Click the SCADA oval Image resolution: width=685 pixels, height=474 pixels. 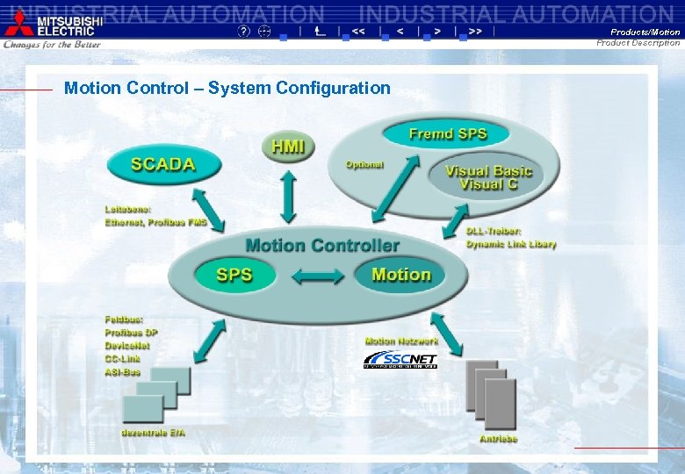click(162, 163)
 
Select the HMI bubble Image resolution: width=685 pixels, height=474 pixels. click(288, 147)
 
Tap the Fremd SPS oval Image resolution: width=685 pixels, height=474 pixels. click(447, 134)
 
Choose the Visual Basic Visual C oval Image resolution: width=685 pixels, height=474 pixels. click(481, 177)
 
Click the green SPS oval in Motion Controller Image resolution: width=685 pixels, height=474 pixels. click(234, 275)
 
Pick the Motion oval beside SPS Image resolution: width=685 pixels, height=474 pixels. click(400, 275)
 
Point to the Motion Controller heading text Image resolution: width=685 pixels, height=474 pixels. click(322, 246)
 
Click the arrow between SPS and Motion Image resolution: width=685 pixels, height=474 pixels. click(316, 276)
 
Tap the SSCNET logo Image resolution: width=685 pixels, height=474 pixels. click(400, 360)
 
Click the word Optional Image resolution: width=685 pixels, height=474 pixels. click(364, 164)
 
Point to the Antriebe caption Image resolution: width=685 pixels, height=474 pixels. click(498, 438)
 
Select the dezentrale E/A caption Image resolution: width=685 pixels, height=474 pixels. click(153, 432)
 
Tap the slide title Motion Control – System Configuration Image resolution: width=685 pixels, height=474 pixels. click(227, 88)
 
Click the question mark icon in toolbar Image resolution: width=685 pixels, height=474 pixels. click(244, 31)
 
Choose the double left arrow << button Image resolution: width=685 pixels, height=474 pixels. click(358, 31)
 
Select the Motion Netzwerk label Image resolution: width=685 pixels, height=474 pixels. click(401, 341)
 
